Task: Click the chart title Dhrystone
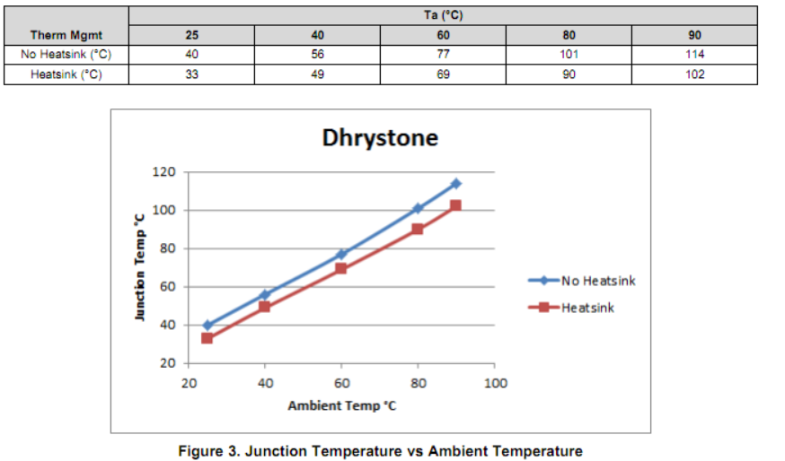point(380,138)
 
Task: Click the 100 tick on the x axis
point(495,384)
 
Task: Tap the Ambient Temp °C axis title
point(341,406)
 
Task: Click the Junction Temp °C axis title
point(140,268)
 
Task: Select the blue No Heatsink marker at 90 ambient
point(456,184)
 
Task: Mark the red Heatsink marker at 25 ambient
point(207,338)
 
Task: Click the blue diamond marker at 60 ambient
point(341,255)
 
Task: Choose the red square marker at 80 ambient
point(418,229)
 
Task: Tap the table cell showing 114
point(694,54)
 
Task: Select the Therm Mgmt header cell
point(66,36)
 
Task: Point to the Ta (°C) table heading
point(443,15)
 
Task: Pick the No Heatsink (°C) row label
point(66,54)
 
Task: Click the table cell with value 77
point(443,54)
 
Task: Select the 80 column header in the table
point(569,36)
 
